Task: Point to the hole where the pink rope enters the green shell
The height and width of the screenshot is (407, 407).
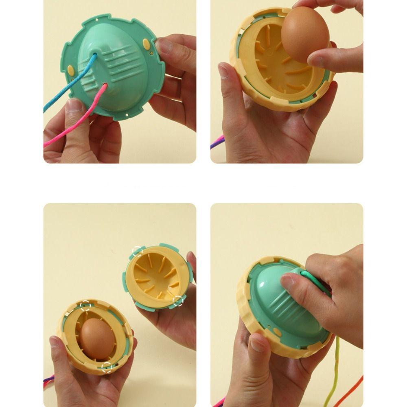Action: coord(105,85)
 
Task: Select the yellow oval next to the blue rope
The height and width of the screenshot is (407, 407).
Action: coord(72,70)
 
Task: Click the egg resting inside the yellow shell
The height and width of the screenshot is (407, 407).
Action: coord(96,338)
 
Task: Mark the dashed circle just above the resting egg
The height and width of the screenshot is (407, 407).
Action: coord(85,306)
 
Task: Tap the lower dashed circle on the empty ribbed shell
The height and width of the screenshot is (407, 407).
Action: coord(177,301)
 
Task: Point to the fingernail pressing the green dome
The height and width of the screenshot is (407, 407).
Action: coord(287,281)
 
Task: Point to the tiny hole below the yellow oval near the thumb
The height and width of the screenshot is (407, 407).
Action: coord(151,53)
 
